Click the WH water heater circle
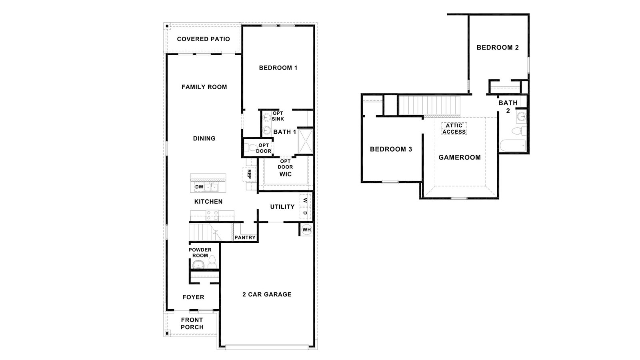306,230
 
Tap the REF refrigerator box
249,174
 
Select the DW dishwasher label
199,187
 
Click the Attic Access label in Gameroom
454,128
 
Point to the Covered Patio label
203,39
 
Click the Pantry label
245,238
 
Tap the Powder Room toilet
212,262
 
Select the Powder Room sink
198,264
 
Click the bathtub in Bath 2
513,146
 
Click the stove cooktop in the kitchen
212,216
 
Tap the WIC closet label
285,174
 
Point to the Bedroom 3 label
391,149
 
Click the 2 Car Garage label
267,294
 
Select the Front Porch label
192,323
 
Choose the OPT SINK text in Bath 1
278,116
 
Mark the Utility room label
282,207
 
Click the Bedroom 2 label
498,47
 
